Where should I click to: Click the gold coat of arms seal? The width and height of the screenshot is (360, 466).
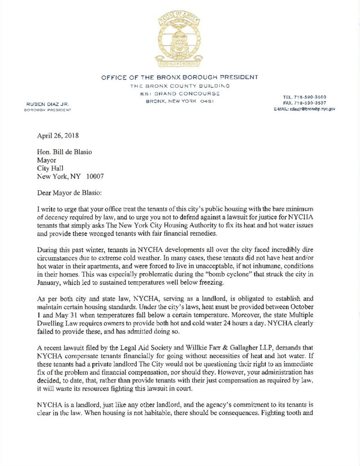coord(179,40)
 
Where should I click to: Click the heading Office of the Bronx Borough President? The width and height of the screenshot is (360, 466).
coord(180,77)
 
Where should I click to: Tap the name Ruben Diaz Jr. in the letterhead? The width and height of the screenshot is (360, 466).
coord(47,104)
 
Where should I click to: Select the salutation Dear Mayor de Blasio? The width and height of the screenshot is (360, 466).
coord(73,193)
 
